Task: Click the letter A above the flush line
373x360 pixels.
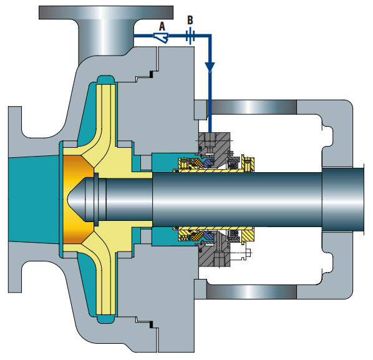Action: coord(162,27)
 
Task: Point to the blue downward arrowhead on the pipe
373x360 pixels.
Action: coord(210,67)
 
